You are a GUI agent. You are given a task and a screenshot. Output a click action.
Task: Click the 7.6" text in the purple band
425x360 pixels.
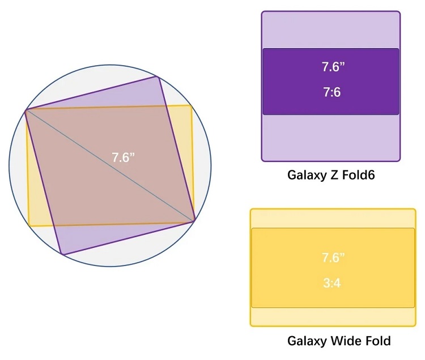click(x=333, y=67)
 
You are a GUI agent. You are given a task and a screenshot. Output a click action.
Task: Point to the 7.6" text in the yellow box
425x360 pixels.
click(x=333, y=258)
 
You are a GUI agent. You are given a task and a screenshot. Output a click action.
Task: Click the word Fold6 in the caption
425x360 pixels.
click(x=357, y=175)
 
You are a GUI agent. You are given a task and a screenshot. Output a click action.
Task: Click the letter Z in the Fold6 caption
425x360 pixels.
click(x=331, y=175)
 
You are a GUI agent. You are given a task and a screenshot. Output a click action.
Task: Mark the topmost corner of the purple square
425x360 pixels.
click(x=159, y=77)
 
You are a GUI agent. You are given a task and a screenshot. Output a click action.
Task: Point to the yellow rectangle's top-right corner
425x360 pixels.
click(x=191, y=105)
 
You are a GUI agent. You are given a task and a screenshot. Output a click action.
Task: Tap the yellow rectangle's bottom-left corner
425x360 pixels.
click(x=29, y=226)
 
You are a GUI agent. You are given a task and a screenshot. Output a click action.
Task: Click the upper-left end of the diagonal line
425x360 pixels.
click(x=25, y=110)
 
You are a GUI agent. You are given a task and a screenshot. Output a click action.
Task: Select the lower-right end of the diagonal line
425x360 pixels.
click(x=195, y=221)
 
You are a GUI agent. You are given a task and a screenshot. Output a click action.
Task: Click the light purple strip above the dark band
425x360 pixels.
click(x=331, y=30)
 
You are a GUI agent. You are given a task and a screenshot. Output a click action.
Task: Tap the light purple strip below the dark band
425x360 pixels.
click(x=331, y=138)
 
